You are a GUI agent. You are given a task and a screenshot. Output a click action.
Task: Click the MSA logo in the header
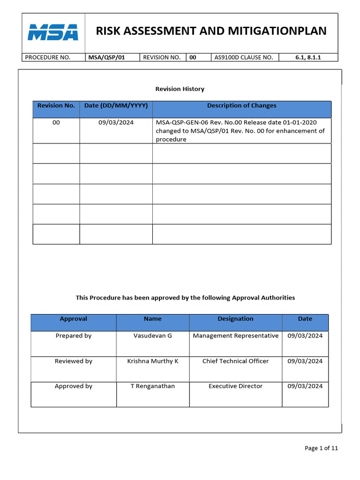click(52, 32)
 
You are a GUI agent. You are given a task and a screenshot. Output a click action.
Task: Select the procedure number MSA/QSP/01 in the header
click(106, 57)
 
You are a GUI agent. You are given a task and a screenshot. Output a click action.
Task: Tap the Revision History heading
click(180, 89)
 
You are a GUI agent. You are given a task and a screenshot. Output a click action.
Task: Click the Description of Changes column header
click(241, 105)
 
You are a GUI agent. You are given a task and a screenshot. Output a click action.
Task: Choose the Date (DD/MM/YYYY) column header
click(116, 105)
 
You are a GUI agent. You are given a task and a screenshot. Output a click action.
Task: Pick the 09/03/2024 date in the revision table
click(116, 122)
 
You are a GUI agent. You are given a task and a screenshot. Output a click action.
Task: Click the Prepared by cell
click(74, 336)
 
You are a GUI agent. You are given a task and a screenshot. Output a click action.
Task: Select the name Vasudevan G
click(153, 336)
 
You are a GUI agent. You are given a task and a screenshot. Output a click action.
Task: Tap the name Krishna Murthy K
click(153, 361)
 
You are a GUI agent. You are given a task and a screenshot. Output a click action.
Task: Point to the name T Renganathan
click(153, 386)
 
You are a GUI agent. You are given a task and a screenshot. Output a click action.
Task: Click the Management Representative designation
click(235, 336)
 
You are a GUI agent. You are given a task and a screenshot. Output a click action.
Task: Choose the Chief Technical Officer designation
click(235, 361)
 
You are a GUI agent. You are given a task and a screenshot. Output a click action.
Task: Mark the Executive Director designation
click(235, 386)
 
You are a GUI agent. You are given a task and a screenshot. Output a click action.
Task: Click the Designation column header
click(235, 319)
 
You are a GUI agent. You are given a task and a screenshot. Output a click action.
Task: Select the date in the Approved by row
click(305, 386)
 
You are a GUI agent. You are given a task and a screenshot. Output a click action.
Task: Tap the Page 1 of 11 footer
click(321, 448)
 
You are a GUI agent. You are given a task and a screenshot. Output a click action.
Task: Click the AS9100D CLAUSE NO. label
click(243, 57)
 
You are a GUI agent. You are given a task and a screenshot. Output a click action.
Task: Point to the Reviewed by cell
click(74, 361)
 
